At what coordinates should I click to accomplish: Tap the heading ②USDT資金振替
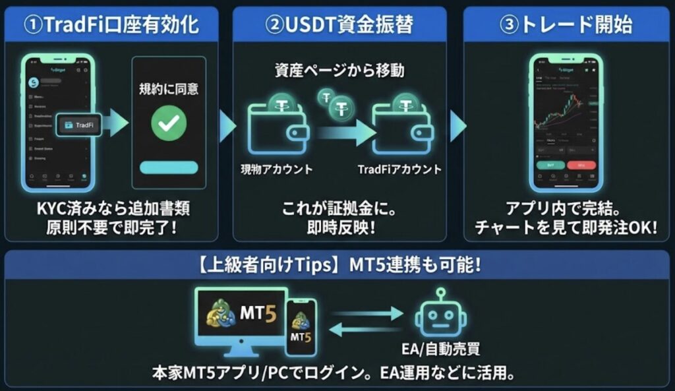[x=339, y=25]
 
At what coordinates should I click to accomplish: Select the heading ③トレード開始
[x=566, y=25]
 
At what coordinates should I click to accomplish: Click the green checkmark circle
[x=169, y=121]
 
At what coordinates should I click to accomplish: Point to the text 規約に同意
[x=169, y=88]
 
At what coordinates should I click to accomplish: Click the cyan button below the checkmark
[x=169, y=167]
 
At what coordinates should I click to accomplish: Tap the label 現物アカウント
[x=276, y=169]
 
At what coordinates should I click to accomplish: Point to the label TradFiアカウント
[x=399, y=169]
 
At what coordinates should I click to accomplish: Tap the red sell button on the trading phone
[x=581, y=165]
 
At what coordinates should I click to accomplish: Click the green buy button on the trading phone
[x=551, y=165]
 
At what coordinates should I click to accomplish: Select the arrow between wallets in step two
[x=343, y=132]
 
